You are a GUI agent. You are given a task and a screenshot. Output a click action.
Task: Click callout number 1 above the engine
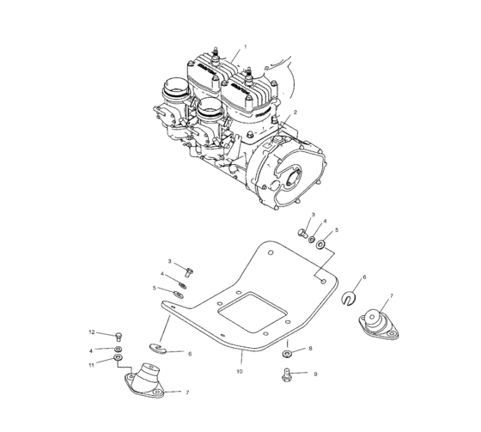[245, 47]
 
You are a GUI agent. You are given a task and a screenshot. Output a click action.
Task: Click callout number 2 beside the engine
[295, 113]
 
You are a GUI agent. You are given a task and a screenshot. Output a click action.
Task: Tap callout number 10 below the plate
[240, 372]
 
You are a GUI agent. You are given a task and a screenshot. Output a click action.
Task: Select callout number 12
[92, 332]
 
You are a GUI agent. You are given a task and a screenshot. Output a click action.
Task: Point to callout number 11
[91, 365]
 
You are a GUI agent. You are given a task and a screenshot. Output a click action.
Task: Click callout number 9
[315, 374]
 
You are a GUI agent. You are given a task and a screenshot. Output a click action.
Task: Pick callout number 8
[310, 349]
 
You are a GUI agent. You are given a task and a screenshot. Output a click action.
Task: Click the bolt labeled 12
[119, 338]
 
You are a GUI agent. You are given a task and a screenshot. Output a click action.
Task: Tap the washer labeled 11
[118, 358]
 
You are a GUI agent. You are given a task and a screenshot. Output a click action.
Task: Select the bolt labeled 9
[286, 374]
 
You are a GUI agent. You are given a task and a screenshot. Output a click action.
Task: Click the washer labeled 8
[287, 354]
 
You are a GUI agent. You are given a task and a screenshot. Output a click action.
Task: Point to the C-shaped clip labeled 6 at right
[349, 299]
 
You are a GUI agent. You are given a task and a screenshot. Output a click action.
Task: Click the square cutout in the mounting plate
[253, 312]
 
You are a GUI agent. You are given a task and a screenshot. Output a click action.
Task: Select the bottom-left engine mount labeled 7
[145, 380]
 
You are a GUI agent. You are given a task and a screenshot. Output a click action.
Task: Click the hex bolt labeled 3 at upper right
[303, 233]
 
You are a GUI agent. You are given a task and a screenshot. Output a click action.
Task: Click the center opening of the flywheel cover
[293, 178]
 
